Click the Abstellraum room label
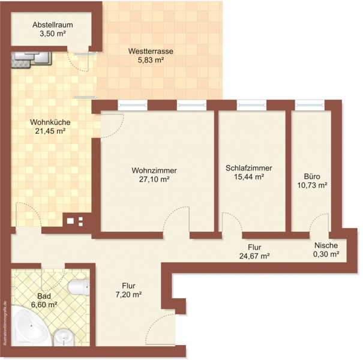[53, 25]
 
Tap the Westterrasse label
[151, 51]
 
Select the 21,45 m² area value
[50, 131]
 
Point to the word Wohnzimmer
[154, 170]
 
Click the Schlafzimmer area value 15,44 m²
[249, 177]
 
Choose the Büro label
[312, 176]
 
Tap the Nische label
[326, 245]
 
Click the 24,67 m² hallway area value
[254, 256]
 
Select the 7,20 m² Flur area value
[129, 295]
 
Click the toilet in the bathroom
[79, 287]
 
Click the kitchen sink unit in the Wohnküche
[31, 59]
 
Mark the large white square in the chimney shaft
[70, 221]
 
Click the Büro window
[310, 105]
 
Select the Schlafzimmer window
[251, 105]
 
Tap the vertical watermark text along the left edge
[5, 323]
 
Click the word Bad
[44, 296]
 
